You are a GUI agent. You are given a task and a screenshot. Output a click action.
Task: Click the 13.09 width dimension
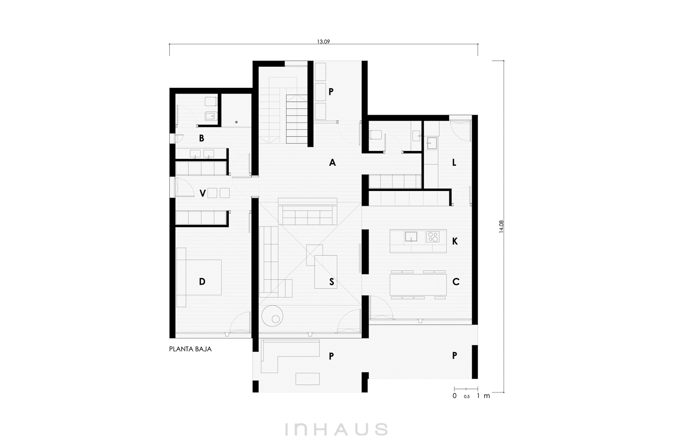(323, 42)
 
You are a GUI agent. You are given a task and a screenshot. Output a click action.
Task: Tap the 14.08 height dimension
(501, 226)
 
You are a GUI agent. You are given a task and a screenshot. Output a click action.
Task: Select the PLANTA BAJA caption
(190, 349)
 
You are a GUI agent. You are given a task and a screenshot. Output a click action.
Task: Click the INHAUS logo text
(336, 429)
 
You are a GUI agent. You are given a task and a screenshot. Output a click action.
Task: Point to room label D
(202, 282)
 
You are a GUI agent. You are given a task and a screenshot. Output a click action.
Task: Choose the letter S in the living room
(331, 282)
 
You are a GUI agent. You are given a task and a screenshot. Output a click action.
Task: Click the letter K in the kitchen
(455, 241)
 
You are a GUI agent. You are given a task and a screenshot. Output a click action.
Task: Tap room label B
(201, 138)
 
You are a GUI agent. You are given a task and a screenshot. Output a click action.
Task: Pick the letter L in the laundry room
(454, 163)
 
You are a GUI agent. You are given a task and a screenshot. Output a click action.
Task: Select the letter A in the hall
(332, 163)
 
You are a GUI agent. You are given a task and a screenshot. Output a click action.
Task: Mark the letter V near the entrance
(203, 194)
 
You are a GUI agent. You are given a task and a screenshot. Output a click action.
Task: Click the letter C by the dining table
(456, 282)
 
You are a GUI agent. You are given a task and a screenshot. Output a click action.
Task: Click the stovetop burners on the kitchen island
(433, 237)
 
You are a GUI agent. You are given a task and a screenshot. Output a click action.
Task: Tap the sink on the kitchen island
(411, 237)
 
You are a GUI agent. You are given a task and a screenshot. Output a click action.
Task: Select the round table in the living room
(272, 316)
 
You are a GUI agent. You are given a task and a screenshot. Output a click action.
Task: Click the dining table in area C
(418, 284)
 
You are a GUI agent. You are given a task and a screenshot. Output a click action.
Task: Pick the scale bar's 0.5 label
(466, 397)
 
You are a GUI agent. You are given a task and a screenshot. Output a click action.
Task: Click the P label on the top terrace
(331, 92)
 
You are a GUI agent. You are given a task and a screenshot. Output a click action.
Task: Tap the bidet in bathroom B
(209, 116)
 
